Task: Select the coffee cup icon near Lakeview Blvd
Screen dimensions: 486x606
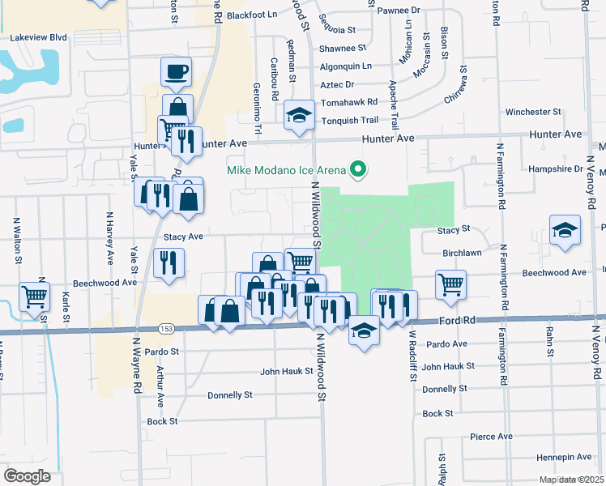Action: tap(177, 72)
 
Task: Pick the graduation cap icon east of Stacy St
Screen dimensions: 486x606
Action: tap(565, 230)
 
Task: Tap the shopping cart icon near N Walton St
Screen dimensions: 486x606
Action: tap(34, 297)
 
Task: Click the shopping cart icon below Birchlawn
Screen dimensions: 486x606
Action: tap(450, 284)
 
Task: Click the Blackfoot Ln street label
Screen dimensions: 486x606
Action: tap(252, 15)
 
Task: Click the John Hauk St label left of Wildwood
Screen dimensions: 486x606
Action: tap(287, 372)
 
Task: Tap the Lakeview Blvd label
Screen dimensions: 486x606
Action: tap(36, 37)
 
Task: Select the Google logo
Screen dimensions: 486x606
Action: tap(28, 476)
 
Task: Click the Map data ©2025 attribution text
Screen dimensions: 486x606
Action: tap(570, 480)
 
